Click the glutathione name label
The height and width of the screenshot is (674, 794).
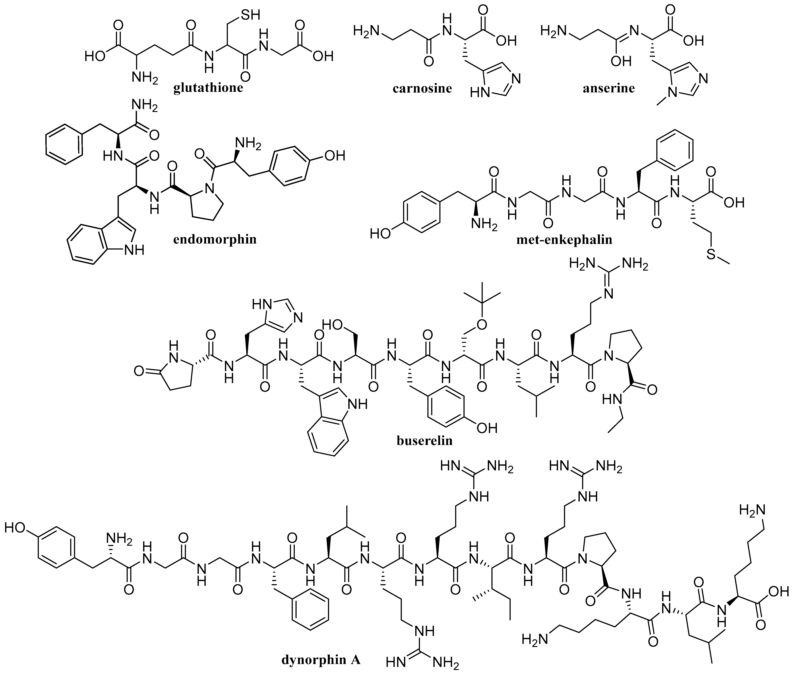(208, 88)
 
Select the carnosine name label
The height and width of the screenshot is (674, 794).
(422, 89)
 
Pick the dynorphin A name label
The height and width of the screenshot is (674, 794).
(321, 660)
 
